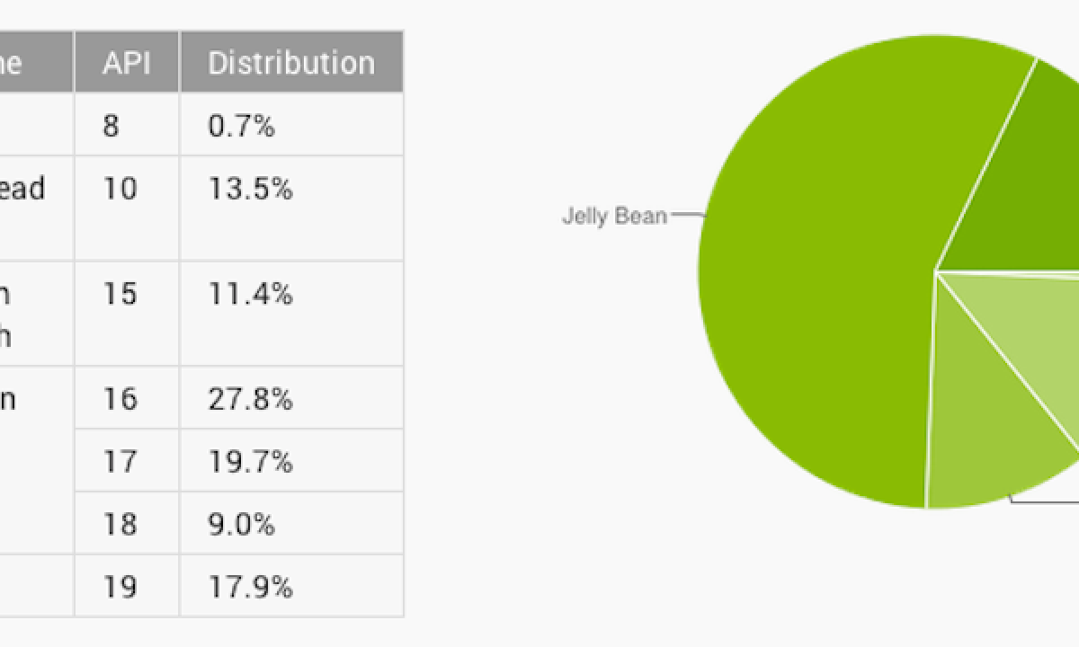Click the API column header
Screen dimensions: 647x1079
pyautogui.click(x=126, y=62)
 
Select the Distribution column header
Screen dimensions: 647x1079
pyautogui.click(x=290, y=62)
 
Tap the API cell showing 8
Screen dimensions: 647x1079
pyautogui.click(x=111, y=125)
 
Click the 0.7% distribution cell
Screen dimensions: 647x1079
pyautogui.click(x=241, y=125)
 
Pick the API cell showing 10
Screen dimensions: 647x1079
pyautogui.click(x=120, y=190)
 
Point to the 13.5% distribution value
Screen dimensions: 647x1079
pyautogui.click(x=250, y=190)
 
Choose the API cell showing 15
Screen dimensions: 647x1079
pyautogui.click(x=120, y=294)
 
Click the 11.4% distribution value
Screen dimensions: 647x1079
pyautogui.click(x=250, y=294)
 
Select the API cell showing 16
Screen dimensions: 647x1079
pyautogui.click(x=120, y=398)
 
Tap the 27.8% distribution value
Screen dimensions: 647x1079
pyautogui.click(x=250, y=398)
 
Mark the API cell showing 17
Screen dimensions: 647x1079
pyautogui.click(x=120, y=461)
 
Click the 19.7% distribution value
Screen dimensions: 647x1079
pyautogui.click(x=250, y=461)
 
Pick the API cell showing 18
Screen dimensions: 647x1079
pyautogui.click(x=120, y=524)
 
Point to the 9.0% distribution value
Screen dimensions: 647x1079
pyautogui.click(x=241, y=524)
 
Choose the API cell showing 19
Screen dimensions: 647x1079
pyautogui.click(x=120, y=587)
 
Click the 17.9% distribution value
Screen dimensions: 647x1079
pyautogui.click(x=250, y=587)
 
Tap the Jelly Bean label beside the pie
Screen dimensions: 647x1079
pyautogui.click(x=614, y=216)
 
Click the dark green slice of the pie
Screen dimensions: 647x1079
pyautogui.click(x=1016, y=180)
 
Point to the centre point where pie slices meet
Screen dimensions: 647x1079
pyautogui.click(x=936, y=270)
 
